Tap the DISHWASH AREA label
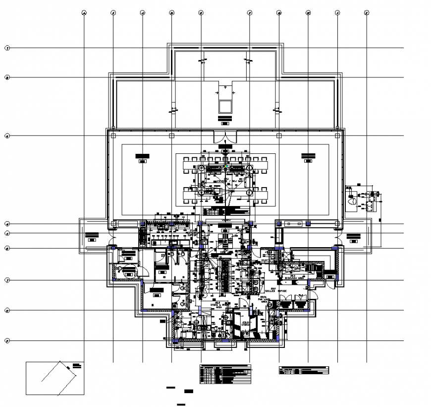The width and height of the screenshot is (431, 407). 297,277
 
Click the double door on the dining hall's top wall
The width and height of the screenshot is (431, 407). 225,136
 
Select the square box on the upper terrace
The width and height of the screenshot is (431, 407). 225,106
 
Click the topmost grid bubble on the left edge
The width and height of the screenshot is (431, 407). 7,48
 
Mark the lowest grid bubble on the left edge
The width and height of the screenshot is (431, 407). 7,340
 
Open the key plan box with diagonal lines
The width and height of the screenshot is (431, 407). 55,378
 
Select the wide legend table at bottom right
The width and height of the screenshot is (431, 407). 304,370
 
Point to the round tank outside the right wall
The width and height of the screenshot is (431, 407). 352,201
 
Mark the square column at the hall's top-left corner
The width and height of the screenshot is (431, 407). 113,136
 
